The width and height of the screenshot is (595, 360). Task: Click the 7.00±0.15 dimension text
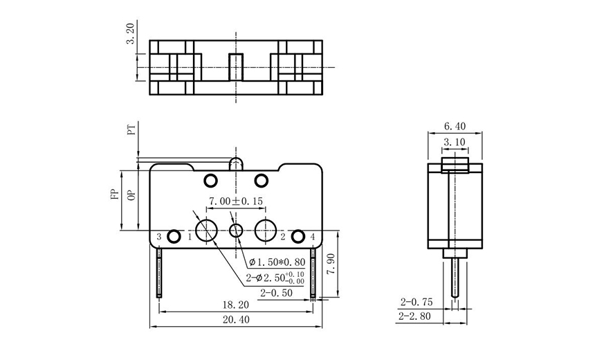[x=237, y=201]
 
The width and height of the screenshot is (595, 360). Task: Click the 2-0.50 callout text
[x=275, y=294]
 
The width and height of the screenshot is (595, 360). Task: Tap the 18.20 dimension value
[x=236, y=304]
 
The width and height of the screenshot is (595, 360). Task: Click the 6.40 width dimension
[x=455, y=126]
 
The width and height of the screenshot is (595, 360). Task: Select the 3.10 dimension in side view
[x=455, y=142]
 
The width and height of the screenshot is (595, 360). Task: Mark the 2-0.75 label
[x=414, y=303]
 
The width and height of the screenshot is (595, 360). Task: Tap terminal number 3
[x=159, y=237]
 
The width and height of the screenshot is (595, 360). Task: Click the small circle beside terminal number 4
[x=298, y=236]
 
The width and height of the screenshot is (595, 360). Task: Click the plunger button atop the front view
[x=236, y=163]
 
